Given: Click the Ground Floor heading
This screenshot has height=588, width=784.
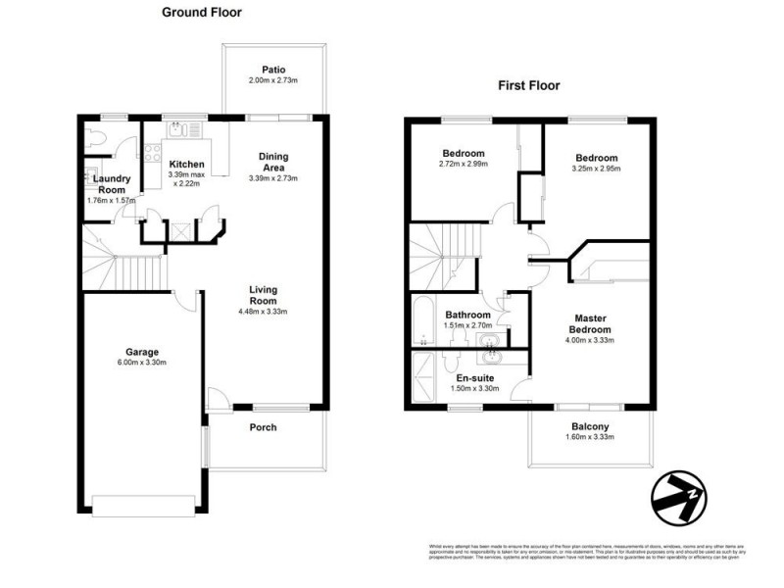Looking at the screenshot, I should click(202, 13).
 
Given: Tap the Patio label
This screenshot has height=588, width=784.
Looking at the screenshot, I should click(273, 70).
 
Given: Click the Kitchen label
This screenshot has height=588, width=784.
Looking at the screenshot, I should click(186, 164).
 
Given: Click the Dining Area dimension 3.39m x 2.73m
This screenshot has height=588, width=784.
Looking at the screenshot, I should click(273, 178).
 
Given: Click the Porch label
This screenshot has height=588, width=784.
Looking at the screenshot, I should click(263, 427).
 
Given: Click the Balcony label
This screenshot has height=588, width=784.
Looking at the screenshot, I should click(591, 426).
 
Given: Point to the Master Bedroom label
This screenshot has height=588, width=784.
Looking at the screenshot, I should click(591, 322).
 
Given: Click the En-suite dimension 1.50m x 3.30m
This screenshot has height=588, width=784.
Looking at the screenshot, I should click(474, 388).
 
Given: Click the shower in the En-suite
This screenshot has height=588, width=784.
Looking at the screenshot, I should click(423, 377).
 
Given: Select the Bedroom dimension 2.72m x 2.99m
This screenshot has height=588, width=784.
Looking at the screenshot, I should click(464, 164).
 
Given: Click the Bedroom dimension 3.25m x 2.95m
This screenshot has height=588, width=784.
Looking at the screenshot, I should click(596, 169).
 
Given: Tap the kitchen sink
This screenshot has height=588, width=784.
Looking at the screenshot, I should click(178, 129).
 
